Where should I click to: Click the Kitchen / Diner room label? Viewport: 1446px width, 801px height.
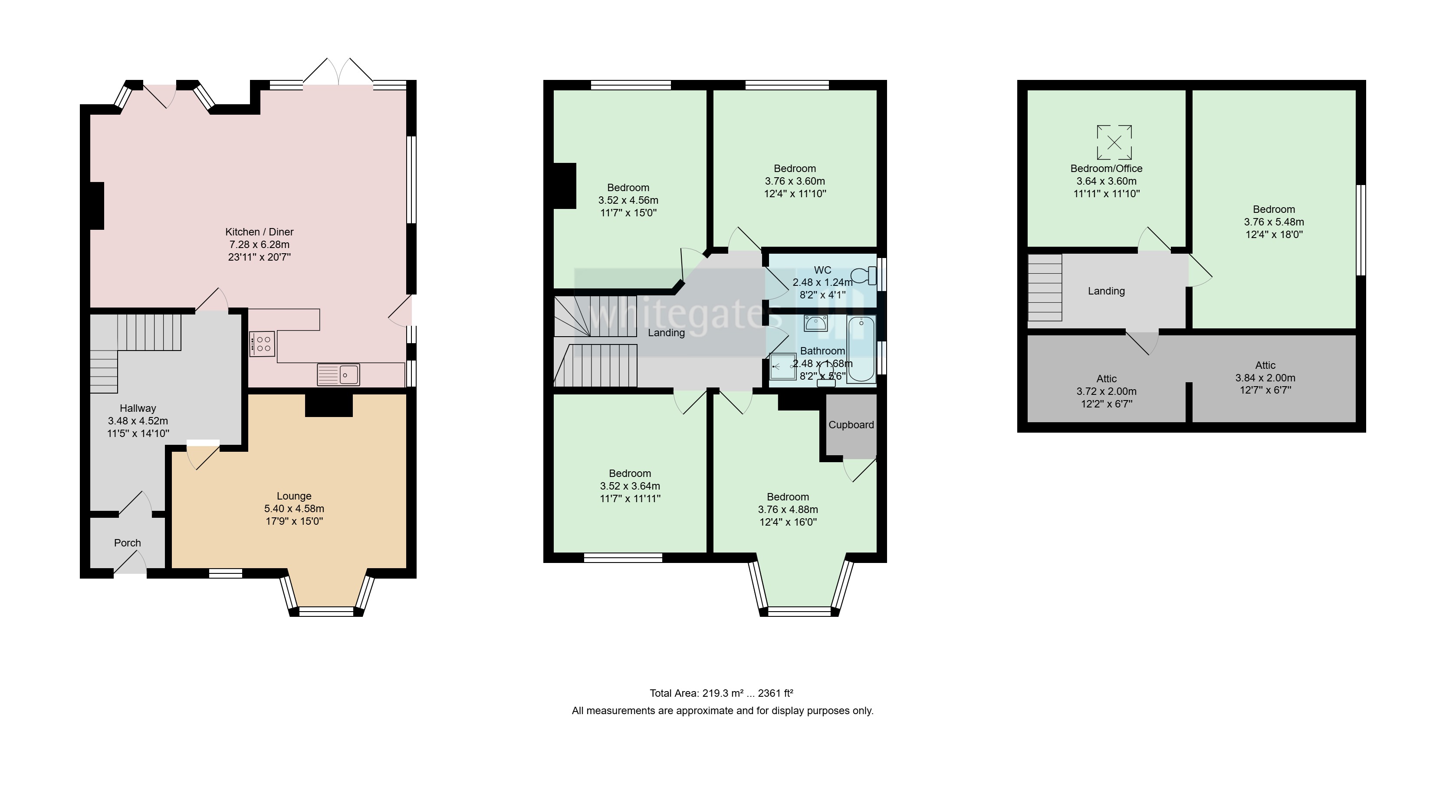tap(260, 232)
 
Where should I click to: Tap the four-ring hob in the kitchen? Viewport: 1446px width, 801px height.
tap(262, 344)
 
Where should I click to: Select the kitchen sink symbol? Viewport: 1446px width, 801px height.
tap(338, 375)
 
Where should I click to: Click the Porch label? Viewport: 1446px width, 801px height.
tap(128, 543)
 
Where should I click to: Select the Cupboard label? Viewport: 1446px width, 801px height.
tap(851, 425)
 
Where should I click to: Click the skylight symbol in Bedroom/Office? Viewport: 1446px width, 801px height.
tap(1114, 142)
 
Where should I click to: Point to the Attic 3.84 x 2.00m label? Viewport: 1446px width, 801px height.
tap(1265, 378)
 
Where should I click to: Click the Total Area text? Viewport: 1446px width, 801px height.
tap(721, 694)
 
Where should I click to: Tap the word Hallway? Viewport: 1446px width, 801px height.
tap(138, 409)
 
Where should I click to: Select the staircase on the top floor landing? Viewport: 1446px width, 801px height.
tap(1045, 288)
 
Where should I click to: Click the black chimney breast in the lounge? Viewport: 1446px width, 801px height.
tap(329, 405)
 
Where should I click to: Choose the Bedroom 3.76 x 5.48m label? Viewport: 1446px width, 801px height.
tap(1274, 222)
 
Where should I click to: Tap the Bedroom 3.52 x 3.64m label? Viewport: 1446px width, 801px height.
tap(630, 486)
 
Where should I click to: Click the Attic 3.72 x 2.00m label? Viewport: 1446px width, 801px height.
tap(1106, 391)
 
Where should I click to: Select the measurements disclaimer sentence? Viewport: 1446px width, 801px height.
tap(723, 711)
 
